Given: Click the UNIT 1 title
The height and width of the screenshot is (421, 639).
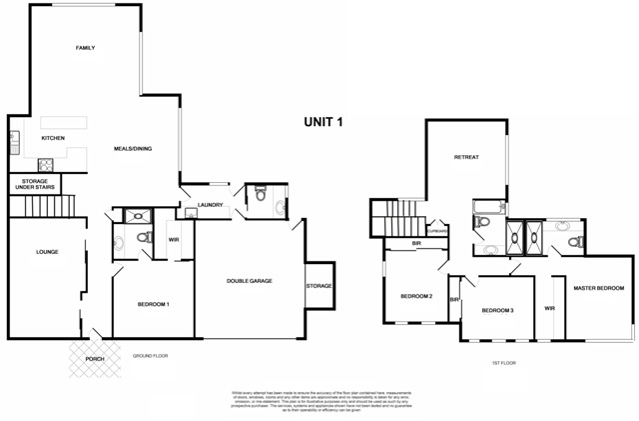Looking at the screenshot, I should [323, 123].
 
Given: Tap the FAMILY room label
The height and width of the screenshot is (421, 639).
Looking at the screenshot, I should [85, 47].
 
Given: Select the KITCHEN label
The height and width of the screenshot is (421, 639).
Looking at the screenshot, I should [52, 138].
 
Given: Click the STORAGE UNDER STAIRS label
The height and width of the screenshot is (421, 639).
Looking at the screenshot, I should [36, 185].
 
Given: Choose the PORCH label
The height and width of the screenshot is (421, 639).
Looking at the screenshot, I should [93, 358].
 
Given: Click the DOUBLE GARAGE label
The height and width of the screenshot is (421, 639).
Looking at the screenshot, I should [249, 280].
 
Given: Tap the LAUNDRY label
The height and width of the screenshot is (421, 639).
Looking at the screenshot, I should [210, 205].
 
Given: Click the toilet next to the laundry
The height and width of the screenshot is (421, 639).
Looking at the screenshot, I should [259, 198].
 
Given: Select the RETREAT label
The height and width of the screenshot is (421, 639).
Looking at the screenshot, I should [465, 158].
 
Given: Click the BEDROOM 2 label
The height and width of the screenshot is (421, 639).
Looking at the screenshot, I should [415, 296].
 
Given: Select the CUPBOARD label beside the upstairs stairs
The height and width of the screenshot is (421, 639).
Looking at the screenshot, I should [437, 231].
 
